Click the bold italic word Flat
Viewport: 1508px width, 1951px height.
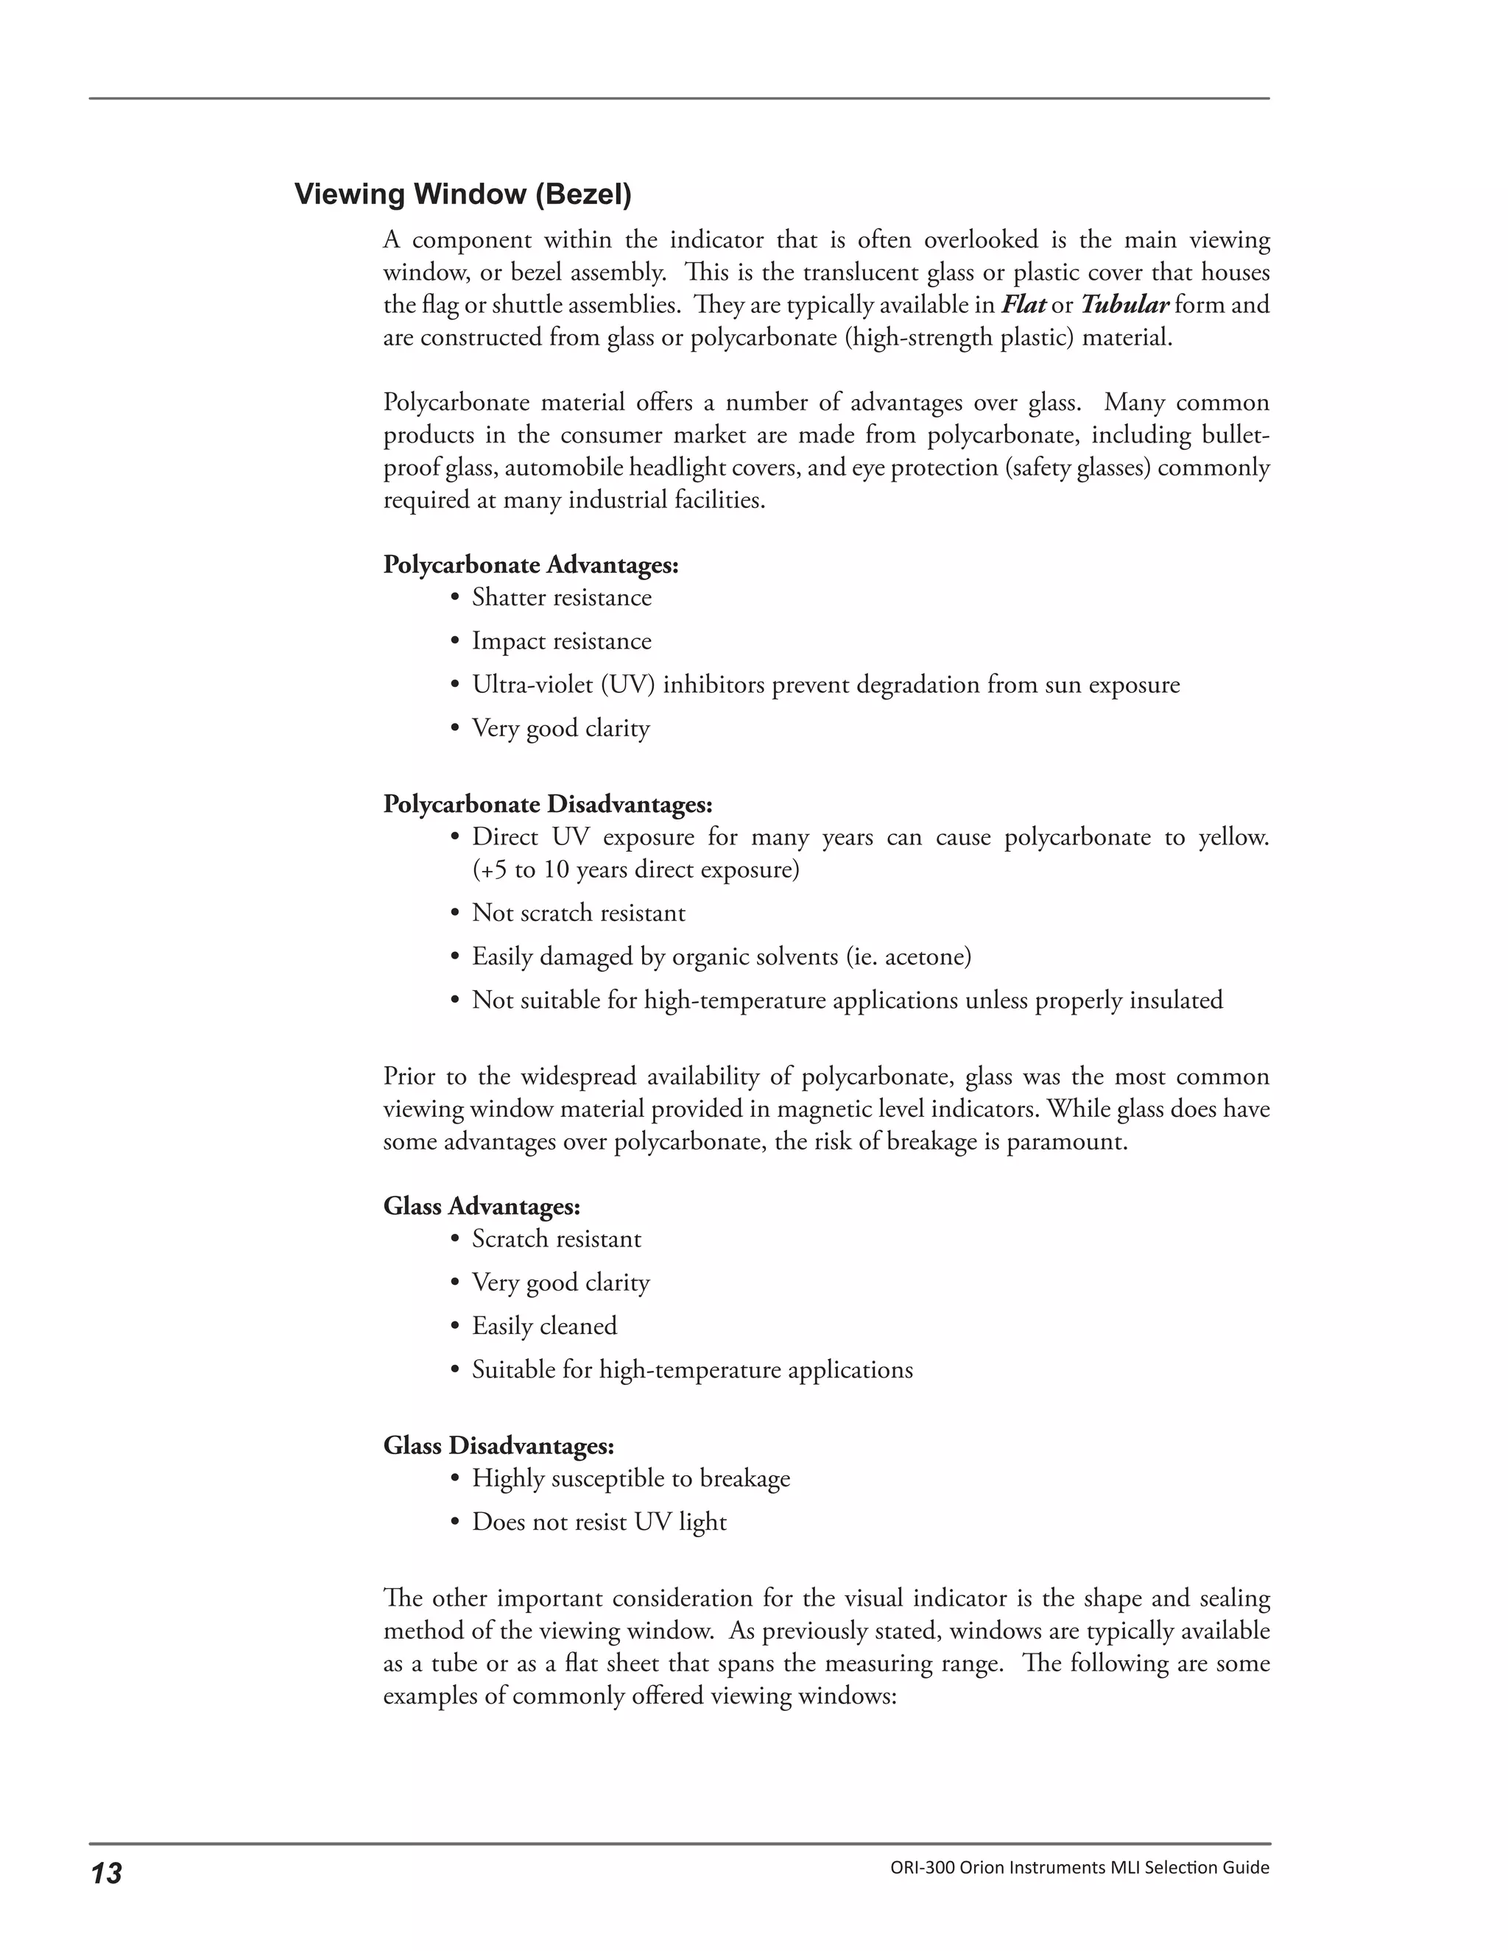click(1023, 305)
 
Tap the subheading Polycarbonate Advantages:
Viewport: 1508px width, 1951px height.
click(531, 565)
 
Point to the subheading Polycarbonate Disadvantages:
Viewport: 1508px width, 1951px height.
click(548, 804)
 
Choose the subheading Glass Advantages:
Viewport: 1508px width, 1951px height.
click(482, 1206)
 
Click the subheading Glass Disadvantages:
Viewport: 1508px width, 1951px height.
click(498, 1445)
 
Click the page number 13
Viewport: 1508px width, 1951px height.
click(105, 1873)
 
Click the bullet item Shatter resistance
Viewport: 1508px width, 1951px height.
click(561, 598)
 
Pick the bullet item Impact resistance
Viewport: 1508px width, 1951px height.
click(561, 641)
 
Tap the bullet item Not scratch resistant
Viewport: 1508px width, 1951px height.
click(578, 913)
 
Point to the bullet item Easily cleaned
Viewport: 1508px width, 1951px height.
click(544, 1326)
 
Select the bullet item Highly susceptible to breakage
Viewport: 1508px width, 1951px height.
click(631, 1478)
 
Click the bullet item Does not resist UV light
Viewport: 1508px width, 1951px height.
click(599, 1523)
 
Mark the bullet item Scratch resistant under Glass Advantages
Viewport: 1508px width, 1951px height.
click(556, 1239)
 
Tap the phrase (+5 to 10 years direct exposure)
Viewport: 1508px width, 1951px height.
click(635, 869)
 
